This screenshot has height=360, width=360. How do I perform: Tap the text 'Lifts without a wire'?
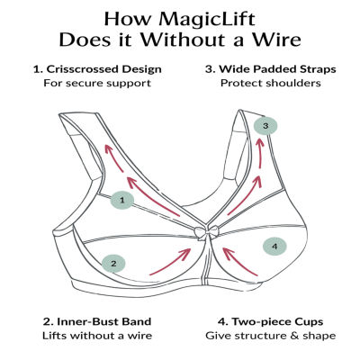95,335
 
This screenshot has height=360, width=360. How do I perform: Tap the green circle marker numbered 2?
113,264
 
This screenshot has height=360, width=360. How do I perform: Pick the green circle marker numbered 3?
265,126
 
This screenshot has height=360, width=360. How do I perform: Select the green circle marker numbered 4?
275,245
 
